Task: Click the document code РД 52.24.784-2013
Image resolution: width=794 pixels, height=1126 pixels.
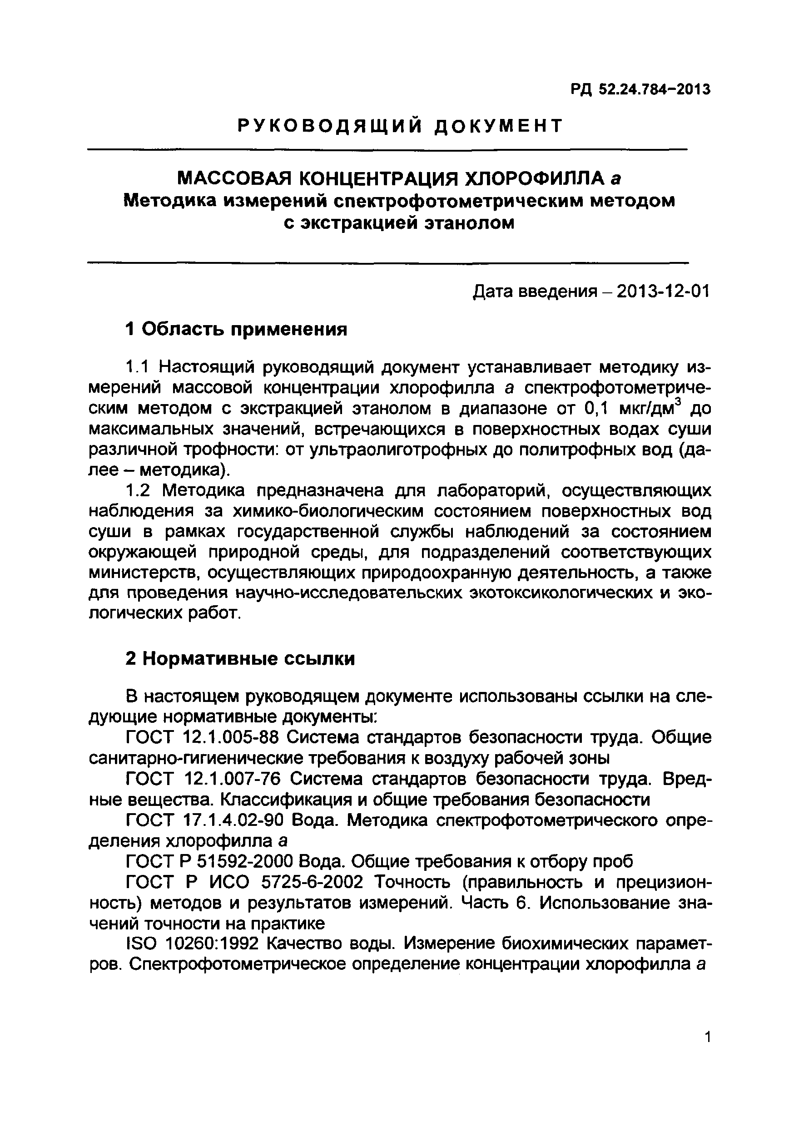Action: pos(640,90)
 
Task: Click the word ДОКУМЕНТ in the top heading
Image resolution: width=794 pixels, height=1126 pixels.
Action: pos(499,127)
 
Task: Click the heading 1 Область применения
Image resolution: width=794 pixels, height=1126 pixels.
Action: pos(236,329)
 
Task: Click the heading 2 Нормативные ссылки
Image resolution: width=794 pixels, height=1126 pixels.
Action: pos(240,659)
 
